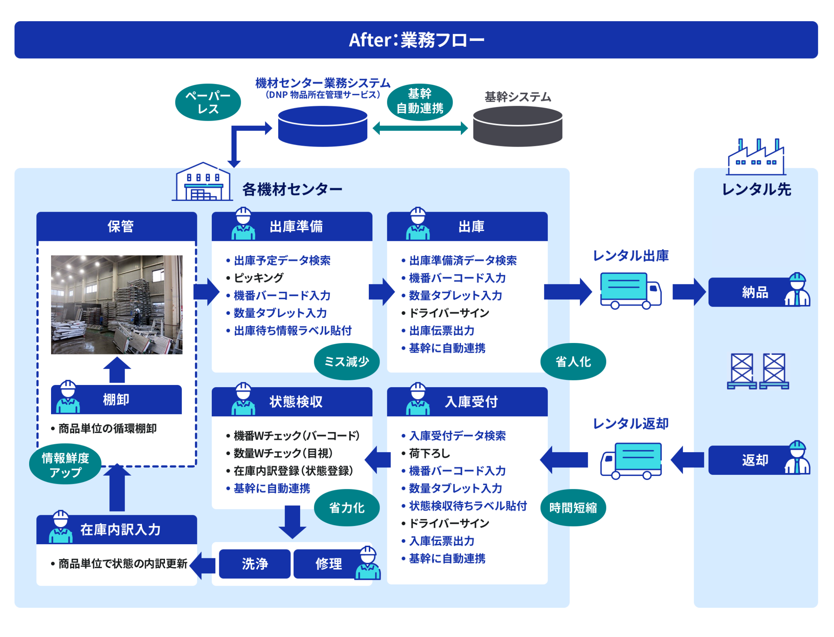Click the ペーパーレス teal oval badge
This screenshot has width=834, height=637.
(208, 102)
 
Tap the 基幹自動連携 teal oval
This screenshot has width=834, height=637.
(420, 102)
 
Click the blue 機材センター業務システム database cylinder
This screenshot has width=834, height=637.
(322, 126)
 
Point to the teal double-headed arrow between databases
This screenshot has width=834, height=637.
(420, 128)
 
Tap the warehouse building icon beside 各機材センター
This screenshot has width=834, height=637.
(202, 182)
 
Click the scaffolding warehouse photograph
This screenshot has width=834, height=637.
(117, 304)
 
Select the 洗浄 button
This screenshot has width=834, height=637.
(255, 564)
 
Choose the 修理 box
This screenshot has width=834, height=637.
(329, 564)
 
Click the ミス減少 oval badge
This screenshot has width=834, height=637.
(347, 362)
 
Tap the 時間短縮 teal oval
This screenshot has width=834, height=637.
(573, 508)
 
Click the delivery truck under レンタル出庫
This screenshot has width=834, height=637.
(631, 291)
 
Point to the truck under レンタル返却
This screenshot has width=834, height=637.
(631, 461)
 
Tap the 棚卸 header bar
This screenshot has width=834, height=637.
(116, 400)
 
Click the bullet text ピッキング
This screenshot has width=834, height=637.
(258, 278)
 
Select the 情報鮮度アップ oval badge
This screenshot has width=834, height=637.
(65, 464)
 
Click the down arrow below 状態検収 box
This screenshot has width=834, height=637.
(292, 522)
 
